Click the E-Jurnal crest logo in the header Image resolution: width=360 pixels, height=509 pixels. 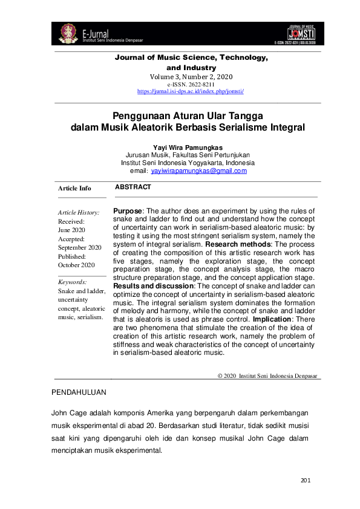click(68, 34)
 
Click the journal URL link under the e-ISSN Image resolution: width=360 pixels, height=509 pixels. click(191, 91)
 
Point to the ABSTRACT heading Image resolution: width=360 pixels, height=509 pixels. click(133, 187)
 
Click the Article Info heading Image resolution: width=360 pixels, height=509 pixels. click(74, 189)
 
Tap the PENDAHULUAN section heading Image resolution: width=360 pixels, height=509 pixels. click(80, 392)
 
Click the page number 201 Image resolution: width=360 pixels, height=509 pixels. click(305, 481)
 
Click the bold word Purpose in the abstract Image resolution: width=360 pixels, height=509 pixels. click(127, 210)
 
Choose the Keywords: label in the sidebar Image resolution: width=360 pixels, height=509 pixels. click(72, 282)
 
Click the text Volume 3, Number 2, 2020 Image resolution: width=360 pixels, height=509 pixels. click(191, 77)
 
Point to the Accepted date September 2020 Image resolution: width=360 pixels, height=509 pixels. click(79, 247)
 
